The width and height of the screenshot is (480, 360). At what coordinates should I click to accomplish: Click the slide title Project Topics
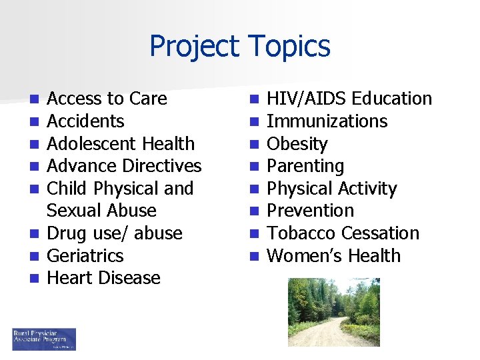239,47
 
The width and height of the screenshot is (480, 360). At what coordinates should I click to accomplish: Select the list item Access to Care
107,99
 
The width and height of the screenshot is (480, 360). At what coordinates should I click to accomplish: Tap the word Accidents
85,121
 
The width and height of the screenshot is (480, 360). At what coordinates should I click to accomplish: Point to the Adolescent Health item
121,144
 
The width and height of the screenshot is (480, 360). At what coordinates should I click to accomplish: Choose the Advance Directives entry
124,166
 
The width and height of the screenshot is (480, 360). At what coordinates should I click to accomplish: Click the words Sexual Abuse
101,211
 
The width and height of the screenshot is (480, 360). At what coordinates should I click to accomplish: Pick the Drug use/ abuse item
114,233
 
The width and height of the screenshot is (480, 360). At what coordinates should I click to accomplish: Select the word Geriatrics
85,256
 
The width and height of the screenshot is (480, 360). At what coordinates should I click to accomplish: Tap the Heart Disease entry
103,278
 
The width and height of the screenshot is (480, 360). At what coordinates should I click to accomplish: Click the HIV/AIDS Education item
349,99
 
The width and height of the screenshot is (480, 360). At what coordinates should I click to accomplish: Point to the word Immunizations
327,121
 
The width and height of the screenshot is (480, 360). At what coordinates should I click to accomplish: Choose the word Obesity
297,144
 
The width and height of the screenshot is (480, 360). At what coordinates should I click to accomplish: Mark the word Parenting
305,166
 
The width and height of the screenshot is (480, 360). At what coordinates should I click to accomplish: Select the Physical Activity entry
331,189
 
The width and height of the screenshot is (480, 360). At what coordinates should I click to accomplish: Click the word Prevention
310,211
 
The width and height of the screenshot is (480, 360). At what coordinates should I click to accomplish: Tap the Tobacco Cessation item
343,233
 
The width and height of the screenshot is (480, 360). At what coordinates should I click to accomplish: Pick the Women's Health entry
333,256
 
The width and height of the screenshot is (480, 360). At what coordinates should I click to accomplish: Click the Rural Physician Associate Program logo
44,339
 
